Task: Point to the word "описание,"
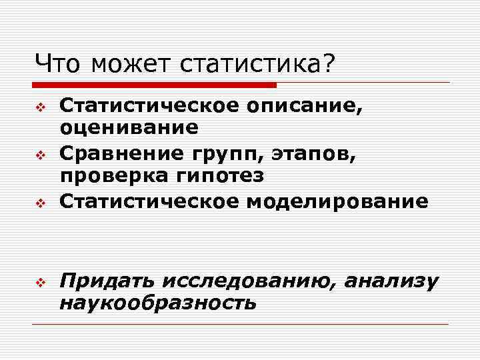[307, 105]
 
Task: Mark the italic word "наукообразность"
[157, 303]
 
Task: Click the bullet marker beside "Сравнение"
[39, 156]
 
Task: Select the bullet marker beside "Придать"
[39, 283]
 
